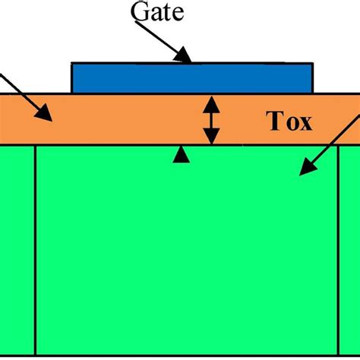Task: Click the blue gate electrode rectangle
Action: (191, 78)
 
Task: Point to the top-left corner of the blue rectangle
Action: (71, 64)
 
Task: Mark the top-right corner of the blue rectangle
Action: (311, 64)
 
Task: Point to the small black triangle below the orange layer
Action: (181, 155)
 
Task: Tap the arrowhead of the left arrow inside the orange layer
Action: (45, 115)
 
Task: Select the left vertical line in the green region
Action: (36, 251)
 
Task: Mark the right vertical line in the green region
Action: (339, 251)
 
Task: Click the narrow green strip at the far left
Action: (17, 251)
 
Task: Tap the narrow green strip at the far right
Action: (350, 251)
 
